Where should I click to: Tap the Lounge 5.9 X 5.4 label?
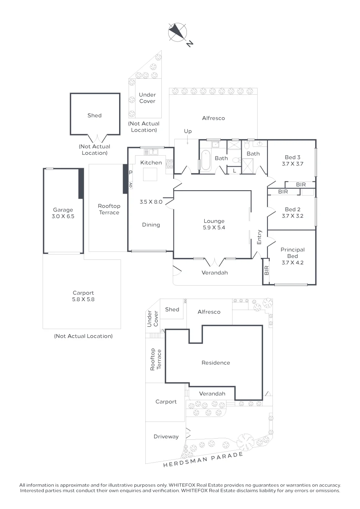click(214, 224)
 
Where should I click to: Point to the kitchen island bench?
click(150, 174)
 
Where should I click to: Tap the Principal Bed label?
click(293, 253)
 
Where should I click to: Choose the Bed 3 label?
click(293, 157)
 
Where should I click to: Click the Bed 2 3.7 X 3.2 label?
click(293, 213)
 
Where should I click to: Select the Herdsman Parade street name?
click(203, 460)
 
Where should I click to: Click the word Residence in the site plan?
click(216, 363)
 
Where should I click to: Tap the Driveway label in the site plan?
click(166, 437)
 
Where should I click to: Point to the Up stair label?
click(188, 131)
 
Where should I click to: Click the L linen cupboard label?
click(234, 171)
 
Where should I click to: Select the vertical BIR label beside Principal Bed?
click(266, 270)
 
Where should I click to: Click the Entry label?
click(259, 237)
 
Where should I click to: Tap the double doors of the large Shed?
click(97, 138)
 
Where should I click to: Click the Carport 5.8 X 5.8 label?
click(83, 296)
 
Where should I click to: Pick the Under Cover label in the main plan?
click(147, 98)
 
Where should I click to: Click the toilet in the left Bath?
click(236, 160)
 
